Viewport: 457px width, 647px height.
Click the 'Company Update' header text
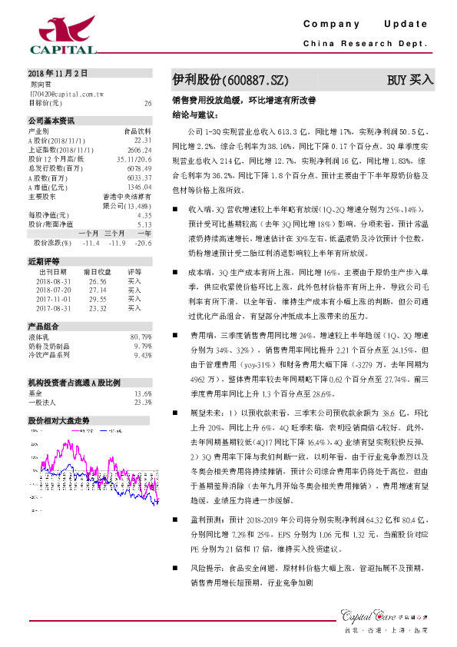pos(365,24)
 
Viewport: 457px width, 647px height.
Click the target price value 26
pos(147,102)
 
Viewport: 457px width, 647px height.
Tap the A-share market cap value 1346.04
pos(141,187)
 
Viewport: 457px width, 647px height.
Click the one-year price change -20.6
pos(143,243)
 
